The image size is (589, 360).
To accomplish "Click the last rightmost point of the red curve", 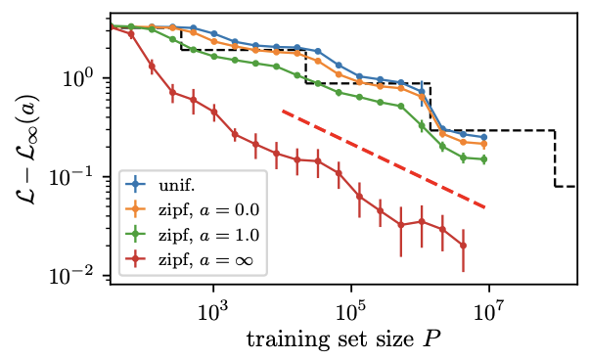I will click(x=463, y=246).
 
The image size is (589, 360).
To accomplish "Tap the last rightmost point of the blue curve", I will click(x=483, y=138).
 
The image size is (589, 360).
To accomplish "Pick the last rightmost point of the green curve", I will click(x=483, y=159).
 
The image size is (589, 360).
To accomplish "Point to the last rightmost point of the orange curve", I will click(x=483, y=144).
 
